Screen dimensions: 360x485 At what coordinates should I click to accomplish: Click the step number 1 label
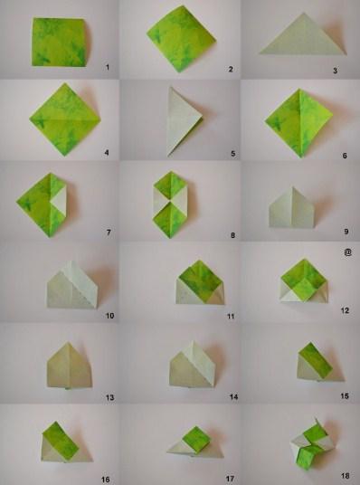[108, 67]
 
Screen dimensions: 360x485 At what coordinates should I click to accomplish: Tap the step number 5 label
[232, 154]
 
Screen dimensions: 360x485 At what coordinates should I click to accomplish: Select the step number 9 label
[346, 232]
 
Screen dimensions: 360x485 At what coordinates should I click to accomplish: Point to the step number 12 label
[345, 310]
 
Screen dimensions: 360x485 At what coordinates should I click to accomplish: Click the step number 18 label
[345, 476]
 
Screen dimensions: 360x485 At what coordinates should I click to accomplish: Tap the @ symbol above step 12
[347, 252]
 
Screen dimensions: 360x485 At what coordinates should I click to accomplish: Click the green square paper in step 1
[59, 42]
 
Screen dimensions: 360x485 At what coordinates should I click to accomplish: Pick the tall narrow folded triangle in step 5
[183, 121]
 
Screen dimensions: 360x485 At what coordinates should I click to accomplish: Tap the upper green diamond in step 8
[170, 185]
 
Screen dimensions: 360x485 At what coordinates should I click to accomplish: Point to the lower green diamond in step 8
[170, 219]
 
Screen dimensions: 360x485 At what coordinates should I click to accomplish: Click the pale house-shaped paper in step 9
[292, 208]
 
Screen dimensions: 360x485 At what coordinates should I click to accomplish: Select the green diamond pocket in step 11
[200, 279]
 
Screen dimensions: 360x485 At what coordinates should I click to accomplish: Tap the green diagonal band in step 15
[316, 360]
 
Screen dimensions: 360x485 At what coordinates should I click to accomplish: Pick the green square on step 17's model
[196, 440]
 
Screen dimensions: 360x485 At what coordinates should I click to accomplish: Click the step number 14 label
[233, 396]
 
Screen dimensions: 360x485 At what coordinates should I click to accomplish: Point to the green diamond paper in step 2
[181, 39]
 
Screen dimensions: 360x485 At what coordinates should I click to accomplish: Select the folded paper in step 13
[70, 366]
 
